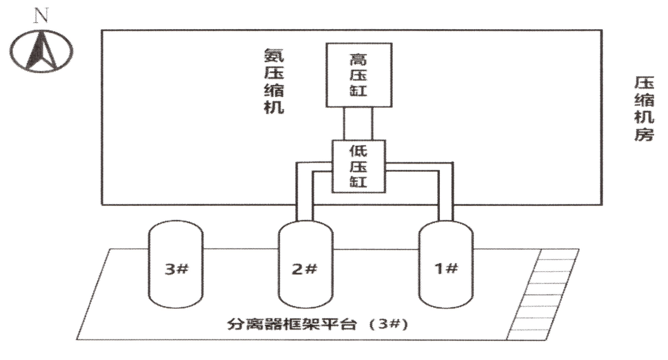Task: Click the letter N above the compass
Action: pyautogui.click(x=41, y=16)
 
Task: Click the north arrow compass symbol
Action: pyautogui.click(x=41, y=51)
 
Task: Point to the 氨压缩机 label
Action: pyautogui.click(x=274, y=81)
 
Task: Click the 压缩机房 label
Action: pyautogui.click(x=644, y=108)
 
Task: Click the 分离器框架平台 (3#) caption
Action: pyautogui.click(x=318, y=325)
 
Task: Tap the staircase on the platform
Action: pyautogui.click(x=543, y=294)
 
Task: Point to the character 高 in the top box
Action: pyautogui.click(x=358, y=59)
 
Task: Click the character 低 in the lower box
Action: pyautogui.click(x=358, y=150)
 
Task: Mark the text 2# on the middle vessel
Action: pyautogui.click(x=305, y=269)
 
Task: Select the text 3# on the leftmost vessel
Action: pyautogui.click(x=176, y=269)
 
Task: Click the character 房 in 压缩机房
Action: pyautogui.click(x=644, y=134)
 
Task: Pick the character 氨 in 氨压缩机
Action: pyautogui.click(x=274, y=56)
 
